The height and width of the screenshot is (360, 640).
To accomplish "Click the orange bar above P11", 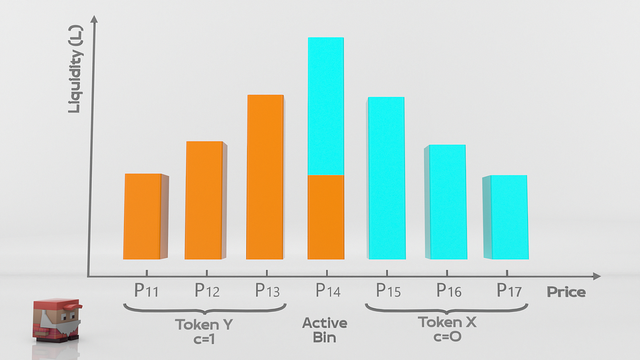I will [142, 216].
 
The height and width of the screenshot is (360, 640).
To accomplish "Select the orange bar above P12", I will [204, 200].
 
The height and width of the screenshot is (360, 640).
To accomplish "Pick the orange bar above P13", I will [265, 177].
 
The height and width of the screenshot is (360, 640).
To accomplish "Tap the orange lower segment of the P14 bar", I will [326, 216].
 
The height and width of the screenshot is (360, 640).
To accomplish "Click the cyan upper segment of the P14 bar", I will [326, 106].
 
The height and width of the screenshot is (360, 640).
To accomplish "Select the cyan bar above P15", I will [386, 178].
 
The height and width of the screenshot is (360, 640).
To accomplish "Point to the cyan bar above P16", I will [447, 202].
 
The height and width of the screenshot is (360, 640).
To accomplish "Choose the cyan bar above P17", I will [508, 217].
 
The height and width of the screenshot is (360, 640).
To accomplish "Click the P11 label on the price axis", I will [146, 291].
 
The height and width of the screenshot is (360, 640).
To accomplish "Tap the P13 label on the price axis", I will [269, 291].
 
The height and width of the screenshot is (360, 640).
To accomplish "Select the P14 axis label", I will [328, 291].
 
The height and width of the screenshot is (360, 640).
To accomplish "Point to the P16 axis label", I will [449, 291].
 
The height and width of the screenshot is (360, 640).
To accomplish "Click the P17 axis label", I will [509, 291].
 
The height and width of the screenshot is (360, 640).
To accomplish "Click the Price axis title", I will [566, 292].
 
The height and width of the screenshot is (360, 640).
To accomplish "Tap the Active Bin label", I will [324, 330].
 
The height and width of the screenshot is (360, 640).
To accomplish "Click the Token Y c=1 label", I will [205, 331].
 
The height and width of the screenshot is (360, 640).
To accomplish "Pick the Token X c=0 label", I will [447, 329].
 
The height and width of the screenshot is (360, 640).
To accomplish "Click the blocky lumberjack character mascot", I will [56, 319].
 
